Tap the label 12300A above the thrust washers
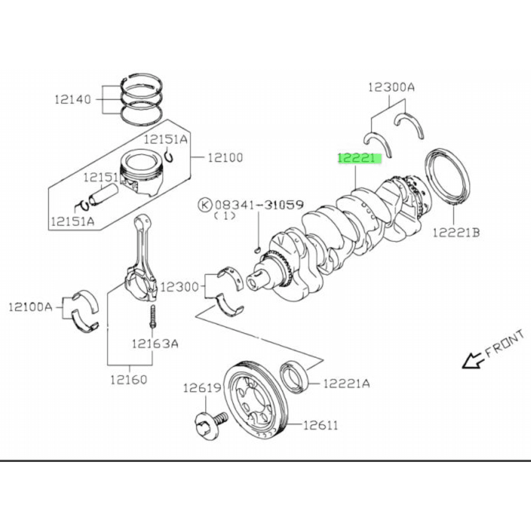point(391,88)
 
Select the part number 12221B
point(456,233)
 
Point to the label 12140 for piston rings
point(73,99)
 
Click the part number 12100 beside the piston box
point(225,157)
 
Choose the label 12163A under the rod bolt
point(155,344)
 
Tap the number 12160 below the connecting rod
point(129,379)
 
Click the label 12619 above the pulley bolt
point(202,388)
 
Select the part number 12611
point(321,425)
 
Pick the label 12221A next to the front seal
point(347,383)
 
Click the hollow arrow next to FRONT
point(472,360)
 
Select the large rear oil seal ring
point(448,177)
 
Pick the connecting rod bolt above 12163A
point(153,316)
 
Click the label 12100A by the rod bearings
point(30,307)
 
